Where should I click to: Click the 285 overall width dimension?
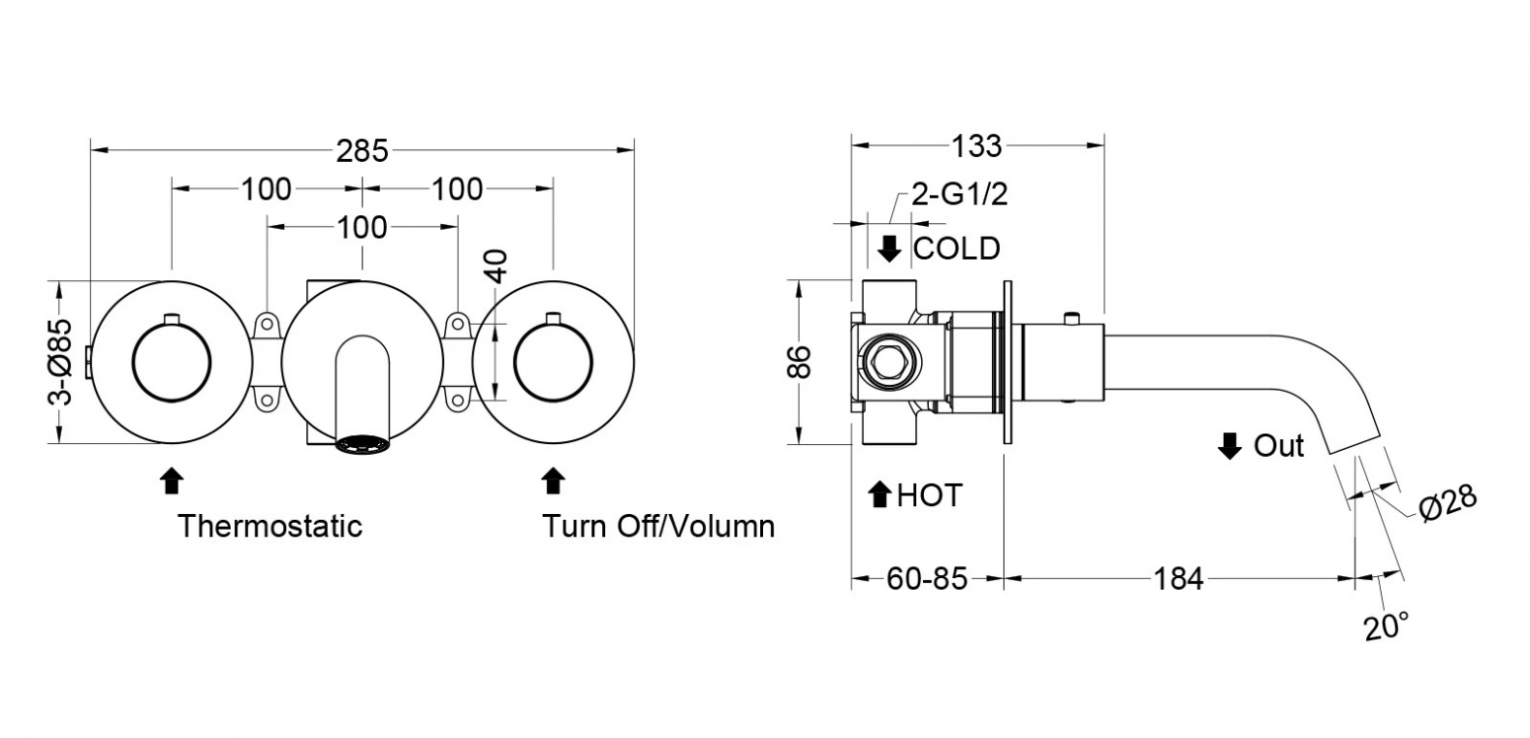click(x=362, y=151)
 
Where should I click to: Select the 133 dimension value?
click(x=977, y=146)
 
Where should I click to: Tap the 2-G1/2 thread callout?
click(x=959, y=195)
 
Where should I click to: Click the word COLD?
click(x=956, y=249)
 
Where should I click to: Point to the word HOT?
click(x=930, y=495)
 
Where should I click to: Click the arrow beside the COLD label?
click(x=889, y=249)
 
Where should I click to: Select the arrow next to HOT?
click(x=880, y=494)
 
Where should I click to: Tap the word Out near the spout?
click(x=1278, y=446)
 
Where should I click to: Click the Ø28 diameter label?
click(x=1448, y=504)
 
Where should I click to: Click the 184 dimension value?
click(x=1179, y=579)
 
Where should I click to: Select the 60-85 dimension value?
click(x=927, y=579)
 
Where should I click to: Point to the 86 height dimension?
click(x=799, y=362)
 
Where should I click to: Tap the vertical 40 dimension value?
click(x=497, y=266)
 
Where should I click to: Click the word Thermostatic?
click(x=269, y=526)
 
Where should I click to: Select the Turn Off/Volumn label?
click(x=658, y=526)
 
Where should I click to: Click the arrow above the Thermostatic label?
click(x=172, y=480)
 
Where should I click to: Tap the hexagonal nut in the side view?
click(x=890, y=362)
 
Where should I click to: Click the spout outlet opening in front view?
click(x=362, y=445)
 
